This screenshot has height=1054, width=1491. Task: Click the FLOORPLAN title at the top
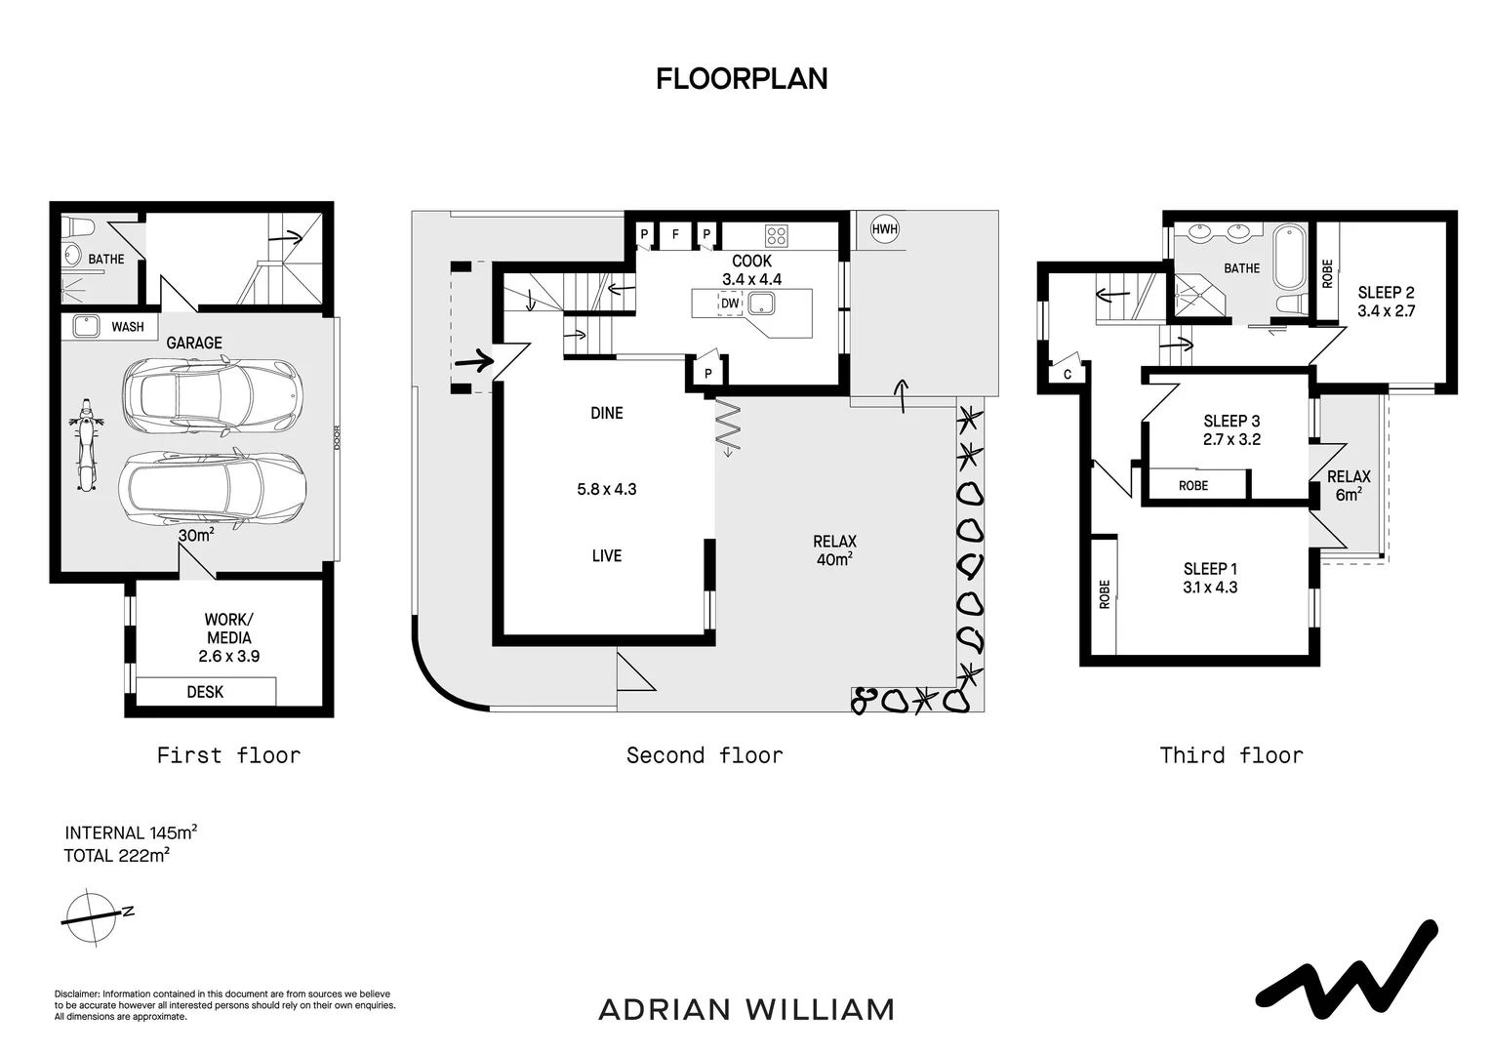[x=742, y=79]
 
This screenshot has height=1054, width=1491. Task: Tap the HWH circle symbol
[x=885, y=229]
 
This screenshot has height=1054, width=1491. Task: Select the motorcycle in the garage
[x=86, y=445]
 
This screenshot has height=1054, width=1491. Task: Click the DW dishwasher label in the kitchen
[x=730, y=303]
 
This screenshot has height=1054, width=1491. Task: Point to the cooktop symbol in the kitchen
[x=776, y=235]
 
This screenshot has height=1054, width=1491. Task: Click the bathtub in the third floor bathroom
[x=1290, y=257]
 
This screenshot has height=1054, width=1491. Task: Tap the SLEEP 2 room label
[x=1386, y=293]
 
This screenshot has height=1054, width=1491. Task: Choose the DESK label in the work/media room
[x=205, y=692]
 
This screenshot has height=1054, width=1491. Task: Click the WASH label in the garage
[x=128, y=326]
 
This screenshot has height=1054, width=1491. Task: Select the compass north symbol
[x=98, y=916]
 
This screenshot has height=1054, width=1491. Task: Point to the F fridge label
[x=675, y=234]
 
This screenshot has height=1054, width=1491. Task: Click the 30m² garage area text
[x=196, y=535]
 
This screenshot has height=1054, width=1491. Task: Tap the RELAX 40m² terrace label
[x=834, y=550]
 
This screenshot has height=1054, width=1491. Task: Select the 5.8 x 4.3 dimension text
[x=606, y=489]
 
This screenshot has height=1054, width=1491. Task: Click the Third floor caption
[x=1231, y=755]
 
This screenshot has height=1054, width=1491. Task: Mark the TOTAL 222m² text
[x=116, y=855]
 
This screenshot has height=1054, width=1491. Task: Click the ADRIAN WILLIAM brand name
[x=746, y=1009]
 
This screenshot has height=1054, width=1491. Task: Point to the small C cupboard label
[x=1067, y=374]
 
